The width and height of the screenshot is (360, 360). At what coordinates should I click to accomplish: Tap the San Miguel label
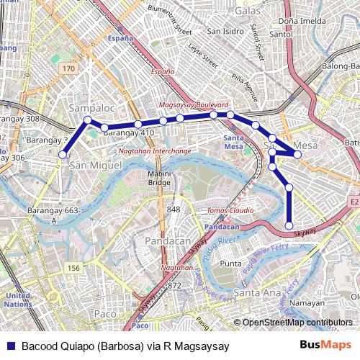click(x=92, y=165)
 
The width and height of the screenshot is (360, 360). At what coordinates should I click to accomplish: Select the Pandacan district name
click(x=166, y=240)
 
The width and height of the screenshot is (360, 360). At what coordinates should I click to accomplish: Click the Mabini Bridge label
click(x=159, y=178)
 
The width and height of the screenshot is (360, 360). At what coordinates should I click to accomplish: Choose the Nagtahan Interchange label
click(x=145, y=151)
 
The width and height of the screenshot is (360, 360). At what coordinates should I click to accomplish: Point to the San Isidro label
click(x=225, y=31)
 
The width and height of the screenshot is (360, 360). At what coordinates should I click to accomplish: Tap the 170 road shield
click(x=68, y=68)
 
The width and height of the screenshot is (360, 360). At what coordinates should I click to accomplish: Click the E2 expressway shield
click(x=354, y=202)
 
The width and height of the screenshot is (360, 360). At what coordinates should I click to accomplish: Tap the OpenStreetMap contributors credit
click(x=297, y=323)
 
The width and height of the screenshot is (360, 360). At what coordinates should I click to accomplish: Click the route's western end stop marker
click(x=63, y=154)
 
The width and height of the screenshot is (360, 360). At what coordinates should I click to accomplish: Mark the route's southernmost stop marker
click(x=289, y=226)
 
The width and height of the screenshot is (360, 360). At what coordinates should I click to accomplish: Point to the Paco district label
click(x=105, y=314)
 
